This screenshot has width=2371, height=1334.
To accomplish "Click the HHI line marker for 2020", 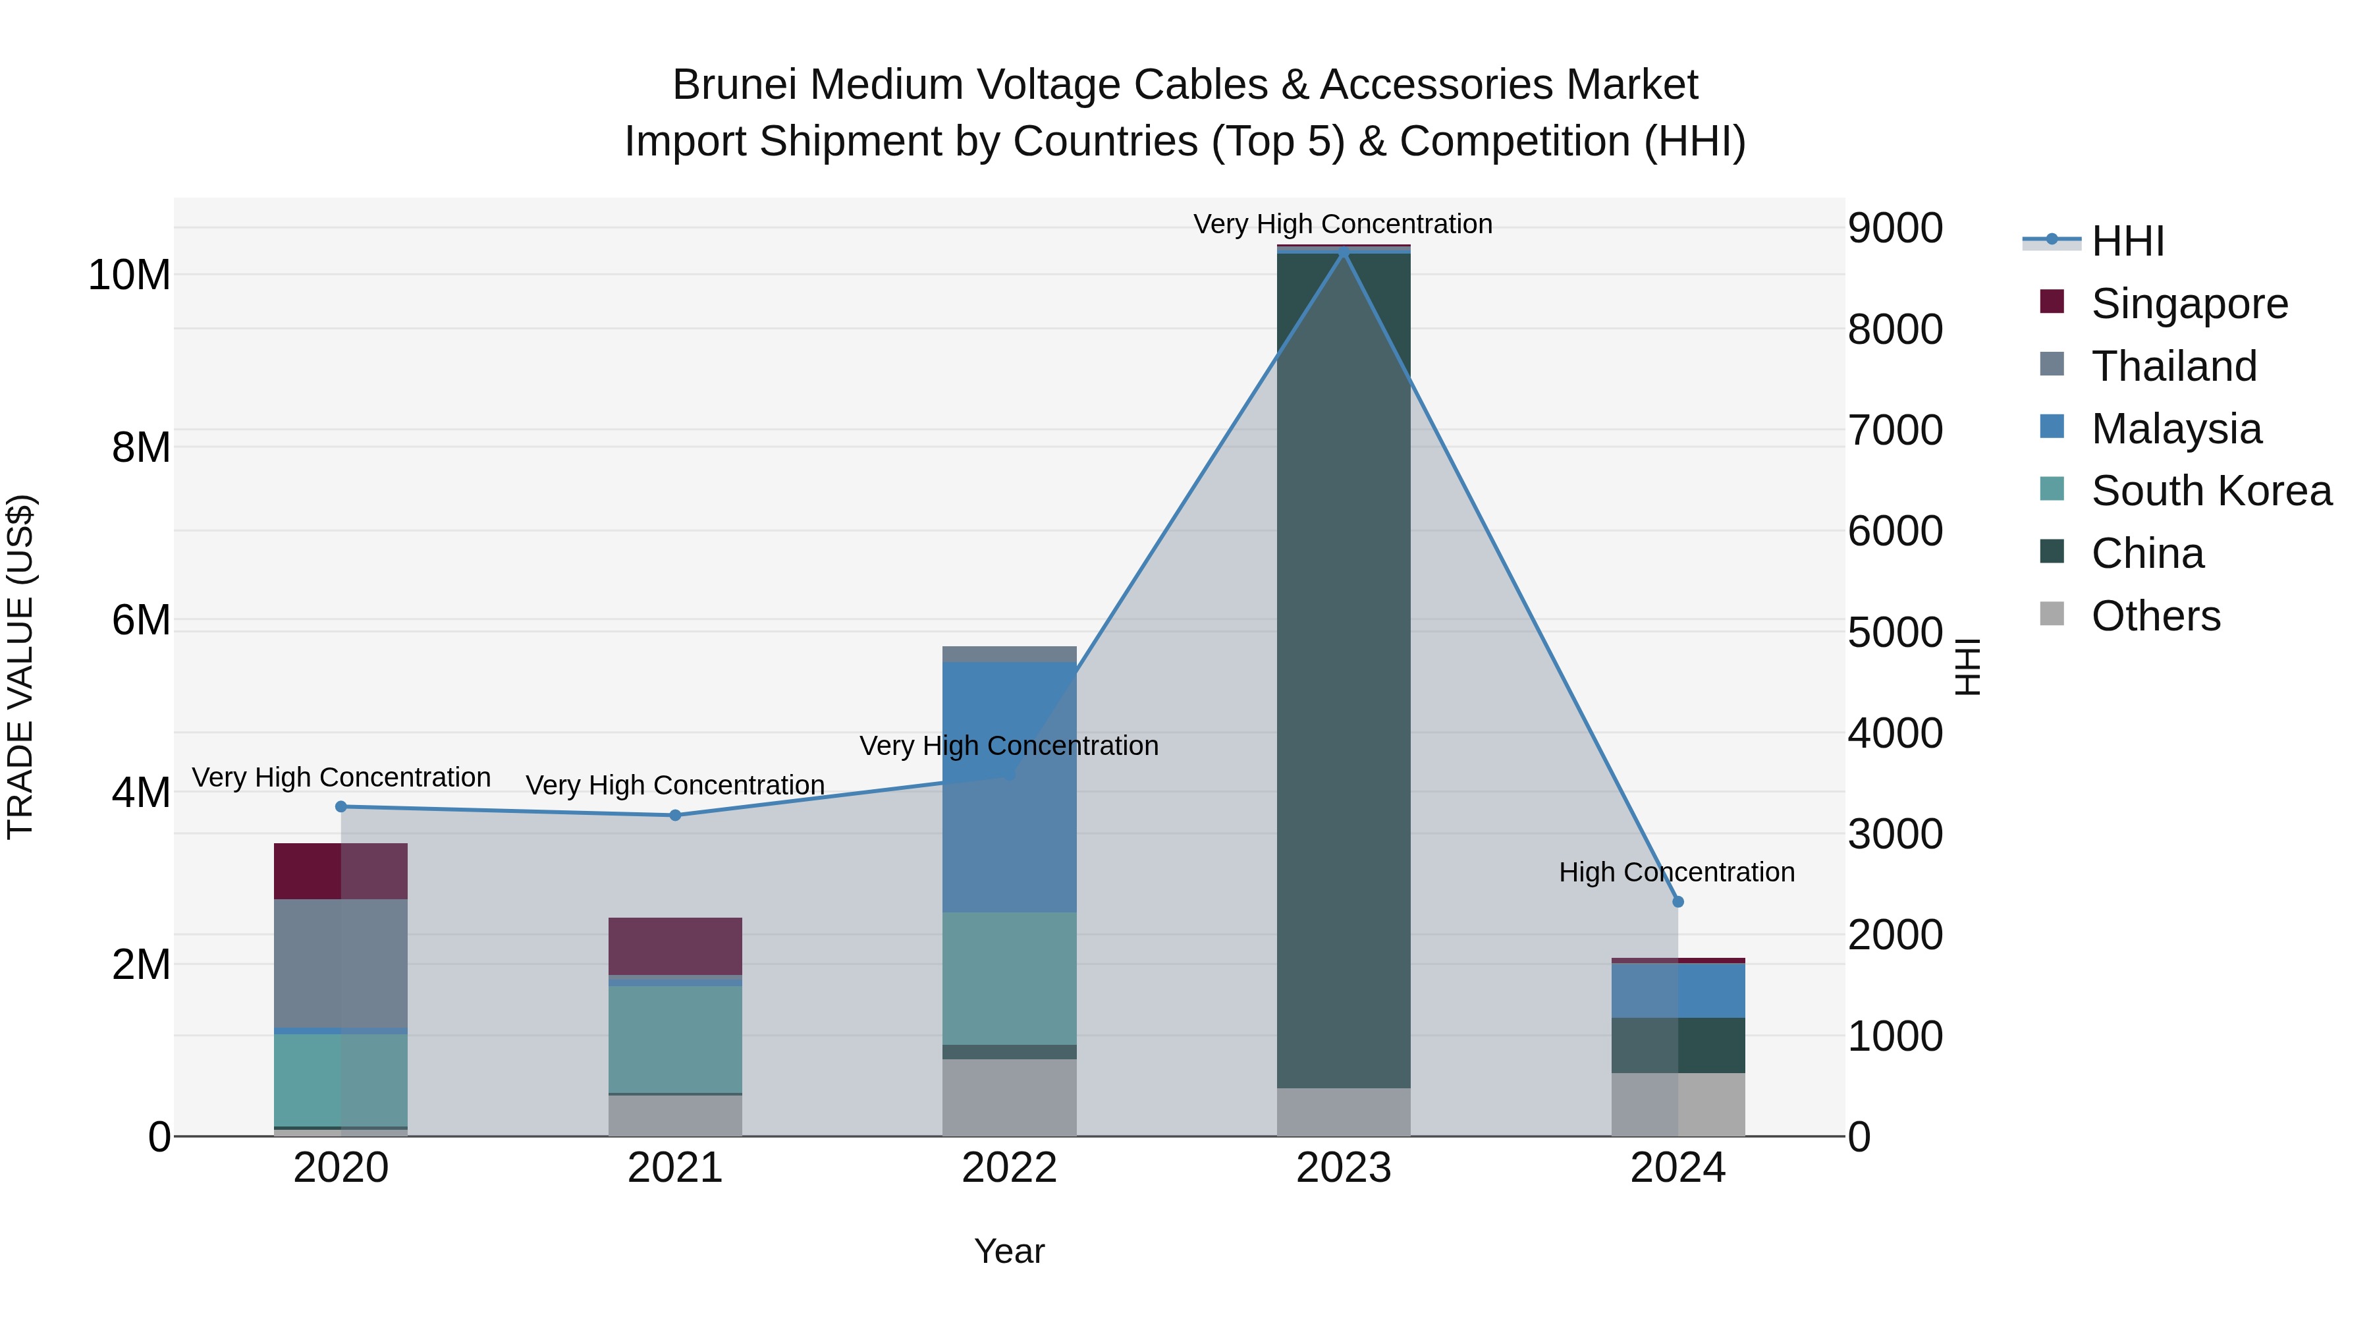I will click(x=341, y=806).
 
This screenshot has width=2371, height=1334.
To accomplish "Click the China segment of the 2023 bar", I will click(x=1343, y=672).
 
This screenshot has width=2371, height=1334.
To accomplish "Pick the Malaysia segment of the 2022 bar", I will click(x=1009, y=787).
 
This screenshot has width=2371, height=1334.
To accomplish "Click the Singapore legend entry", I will click(x=2189, y=304).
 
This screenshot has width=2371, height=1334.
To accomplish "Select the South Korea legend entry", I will click(x=2211, y=491).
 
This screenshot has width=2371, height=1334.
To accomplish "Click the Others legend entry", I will click(x=2155, y=616).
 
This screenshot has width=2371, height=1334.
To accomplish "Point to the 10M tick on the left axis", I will click(x=129, y=275).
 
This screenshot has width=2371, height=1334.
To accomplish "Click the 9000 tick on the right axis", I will click(x=1894, y=229).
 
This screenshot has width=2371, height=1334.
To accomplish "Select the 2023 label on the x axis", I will click(x=1343, y=1168).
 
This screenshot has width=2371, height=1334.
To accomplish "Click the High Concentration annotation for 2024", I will click(x=1676, y=872).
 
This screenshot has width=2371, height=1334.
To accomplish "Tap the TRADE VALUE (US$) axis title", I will click(x=20, y=667).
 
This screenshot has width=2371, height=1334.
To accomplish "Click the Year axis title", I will click(x=1009, y=1251).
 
